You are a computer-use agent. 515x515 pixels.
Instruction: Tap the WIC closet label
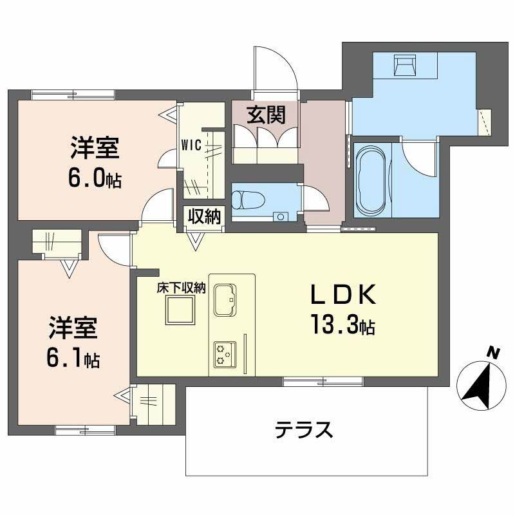point(192,144)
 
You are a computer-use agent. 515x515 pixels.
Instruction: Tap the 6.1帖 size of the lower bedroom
point(72,359)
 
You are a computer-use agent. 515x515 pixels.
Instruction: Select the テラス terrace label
point(304,429)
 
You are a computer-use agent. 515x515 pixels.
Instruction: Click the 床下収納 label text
point(181,289)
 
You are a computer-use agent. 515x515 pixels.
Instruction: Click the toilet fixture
point(248,200)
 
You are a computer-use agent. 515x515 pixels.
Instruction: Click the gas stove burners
point(225,353)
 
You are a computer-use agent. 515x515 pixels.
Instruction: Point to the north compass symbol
point(479,386)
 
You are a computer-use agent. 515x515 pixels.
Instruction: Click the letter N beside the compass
point(493,352)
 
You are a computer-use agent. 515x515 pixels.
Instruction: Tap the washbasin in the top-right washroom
point(405,64)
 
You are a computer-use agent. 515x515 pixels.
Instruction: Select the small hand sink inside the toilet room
point(280,216)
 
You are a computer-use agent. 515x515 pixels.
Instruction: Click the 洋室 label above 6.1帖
point(72,329)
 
